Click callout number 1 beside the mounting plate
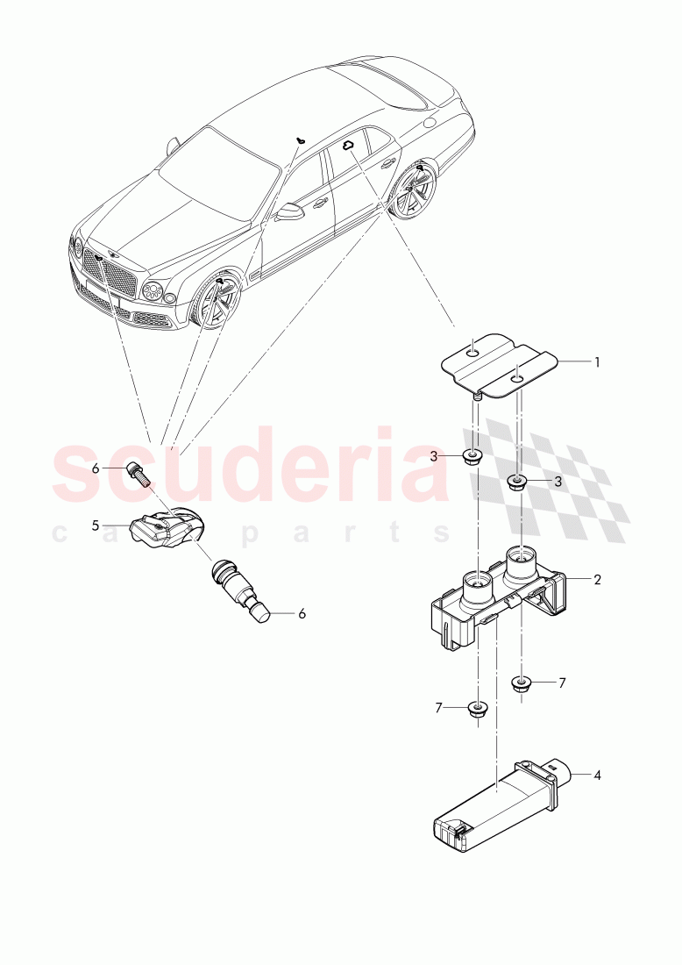click(x=597, y=361)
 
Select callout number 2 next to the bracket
click(x=597, y=580)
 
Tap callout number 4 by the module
click(x=597, y=776)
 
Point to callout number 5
click(x=95, y=526)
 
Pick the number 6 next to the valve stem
click(x=302, y=614)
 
